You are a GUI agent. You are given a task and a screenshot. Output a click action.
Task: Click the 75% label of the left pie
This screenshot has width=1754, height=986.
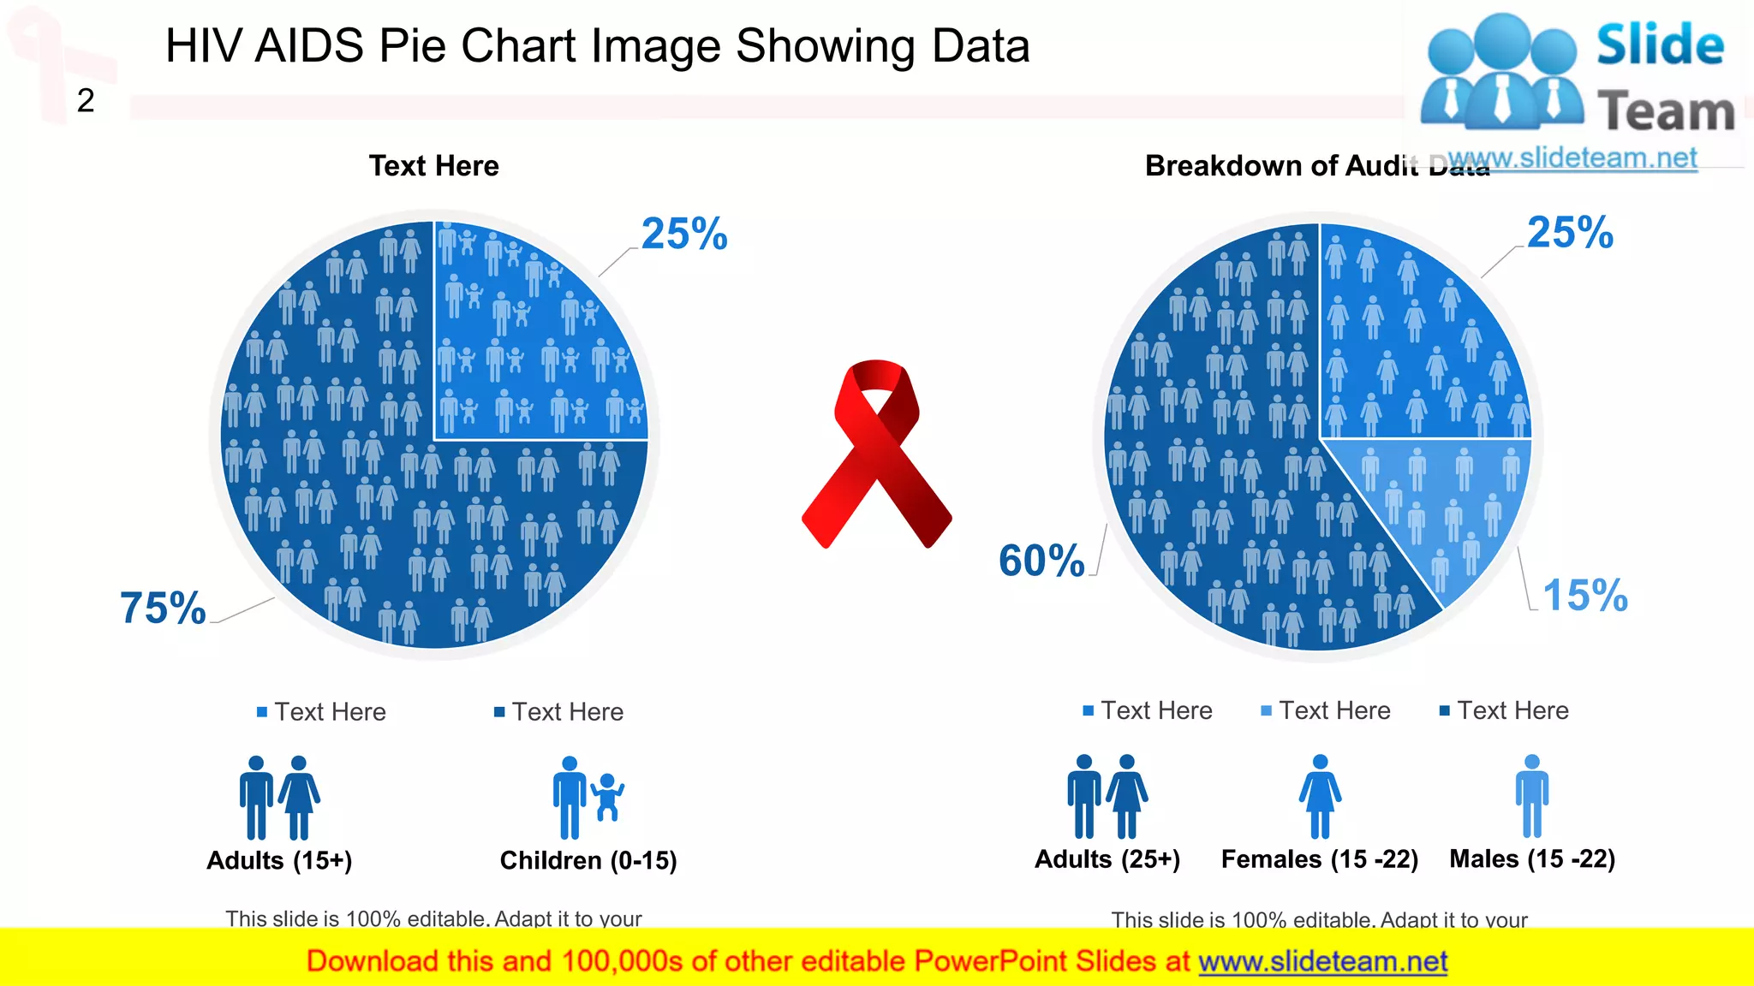(x=163, y=608)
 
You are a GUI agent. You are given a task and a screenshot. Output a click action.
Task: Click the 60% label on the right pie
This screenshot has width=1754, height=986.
(x=1041, y=561)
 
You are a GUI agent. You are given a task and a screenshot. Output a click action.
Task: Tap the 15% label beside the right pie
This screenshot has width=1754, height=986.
(x=1584, y=595)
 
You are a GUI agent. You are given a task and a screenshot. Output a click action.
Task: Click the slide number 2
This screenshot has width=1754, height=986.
(x=86, y=101)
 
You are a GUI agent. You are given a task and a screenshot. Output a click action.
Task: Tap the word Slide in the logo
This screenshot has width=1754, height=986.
(x=1660, y=45)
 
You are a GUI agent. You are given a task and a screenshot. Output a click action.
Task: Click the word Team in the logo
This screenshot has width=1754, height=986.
(x=1666, y=111)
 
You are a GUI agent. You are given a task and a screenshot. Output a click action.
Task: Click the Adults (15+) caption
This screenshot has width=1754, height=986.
(x=279, y=860)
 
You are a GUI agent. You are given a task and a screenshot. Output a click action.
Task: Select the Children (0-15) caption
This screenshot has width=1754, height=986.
(x=588, y=860)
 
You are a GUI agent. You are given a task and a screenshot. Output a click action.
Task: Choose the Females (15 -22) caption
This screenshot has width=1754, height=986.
(x=1319, y=858)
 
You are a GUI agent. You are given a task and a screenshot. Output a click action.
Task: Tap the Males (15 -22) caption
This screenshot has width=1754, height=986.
(x=1532, y=858)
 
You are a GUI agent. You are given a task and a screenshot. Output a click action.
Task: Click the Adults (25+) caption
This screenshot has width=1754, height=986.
(x=1107, y=858)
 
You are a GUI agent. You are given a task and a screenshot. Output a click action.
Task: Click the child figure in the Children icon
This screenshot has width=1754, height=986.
(x=608, y=797)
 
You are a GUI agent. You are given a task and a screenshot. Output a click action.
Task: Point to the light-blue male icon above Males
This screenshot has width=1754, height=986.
(x=1532, y=796)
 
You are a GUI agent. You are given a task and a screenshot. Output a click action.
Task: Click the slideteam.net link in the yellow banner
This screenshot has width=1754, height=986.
(x=1322, y=961)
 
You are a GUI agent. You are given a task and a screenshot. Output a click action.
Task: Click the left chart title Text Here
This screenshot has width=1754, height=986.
(x=433, y=165)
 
